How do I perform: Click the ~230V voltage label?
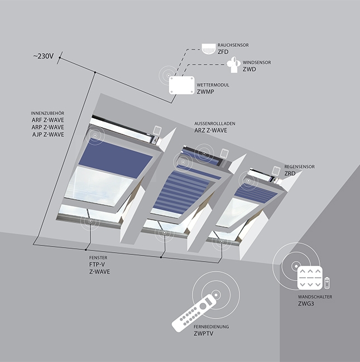44,56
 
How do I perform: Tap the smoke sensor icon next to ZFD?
208,49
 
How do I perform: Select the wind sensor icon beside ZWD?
233,64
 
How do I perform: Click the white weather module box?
181,85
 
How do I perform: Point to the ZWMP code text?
205,91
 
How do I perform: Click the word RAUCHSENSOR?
233,45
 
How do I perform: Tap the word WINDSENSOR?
257,62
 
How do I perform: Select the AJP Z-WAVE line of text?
48,134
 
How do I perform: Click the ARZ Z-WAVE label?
211,130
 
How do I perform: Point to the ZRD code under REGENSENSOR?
290,173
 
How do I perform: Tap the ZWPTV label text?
203,334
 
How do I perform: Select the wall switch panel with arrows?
310,278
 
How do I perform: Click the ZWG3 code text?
306,303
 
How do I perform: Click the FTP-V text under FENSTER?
97,264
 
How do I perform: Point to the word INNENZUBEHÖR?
47,113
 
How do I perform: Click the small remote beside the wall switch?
327,283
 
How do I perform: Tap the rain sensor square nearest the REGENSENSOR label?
276,171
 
